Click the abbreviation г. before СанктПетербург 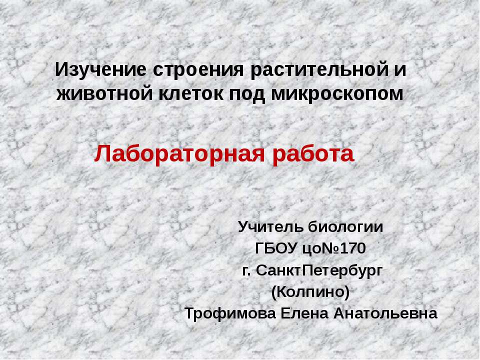pyautogui.click(x=246, y=270)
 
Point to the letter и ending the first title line pyautogui.click(x=400, y=69)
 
